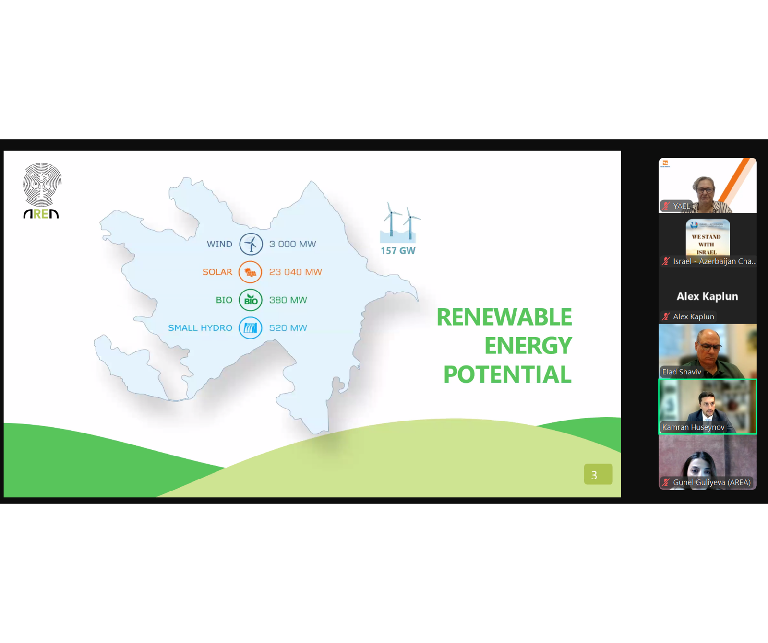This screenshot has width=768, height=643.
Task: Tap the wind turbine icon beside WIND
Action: coord(251,244)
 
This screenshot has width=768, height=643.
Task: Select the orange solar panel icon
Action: coord(251,272)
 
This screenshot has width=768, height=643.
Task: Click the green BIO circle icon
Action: coord(251,300)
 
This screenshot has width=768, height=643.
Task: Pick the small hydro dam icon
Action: coord(251,328)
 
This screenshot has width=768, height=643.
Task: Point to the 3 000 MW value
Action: coord(293,244)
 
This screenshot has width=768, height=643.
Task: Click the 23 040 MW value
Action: coord(296,272)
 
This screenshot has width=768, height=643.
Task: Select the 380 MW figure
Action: coord(288,300)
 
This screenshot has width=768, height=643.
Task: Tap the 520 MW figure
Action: coord(288,328)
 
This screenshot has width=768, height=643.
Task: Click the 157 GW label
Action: coord(398,251)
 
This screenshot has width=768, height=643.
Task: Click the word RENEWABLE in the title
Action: coord(504,317)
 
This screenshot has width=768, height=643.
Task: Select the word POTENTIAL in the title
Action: coord(507,374)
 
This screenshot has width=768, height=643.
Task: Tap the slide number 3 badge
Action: coord(598,474)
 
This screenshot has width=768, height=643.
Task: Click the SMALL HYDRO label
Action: coord(200,328)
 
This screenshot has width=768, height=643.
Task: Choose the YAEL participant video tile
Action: coord(708,186)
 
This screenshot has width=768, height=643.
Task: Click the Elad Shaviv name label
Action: coord(682,372)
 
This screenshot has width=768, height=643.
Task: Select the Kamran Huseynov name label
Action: coord(693,427)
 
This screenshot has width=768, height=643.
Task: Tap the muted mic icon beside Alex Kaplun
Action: coord(666,316)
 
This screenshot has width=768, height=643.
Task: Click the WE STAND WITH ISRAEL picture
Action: coord(708,237)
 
